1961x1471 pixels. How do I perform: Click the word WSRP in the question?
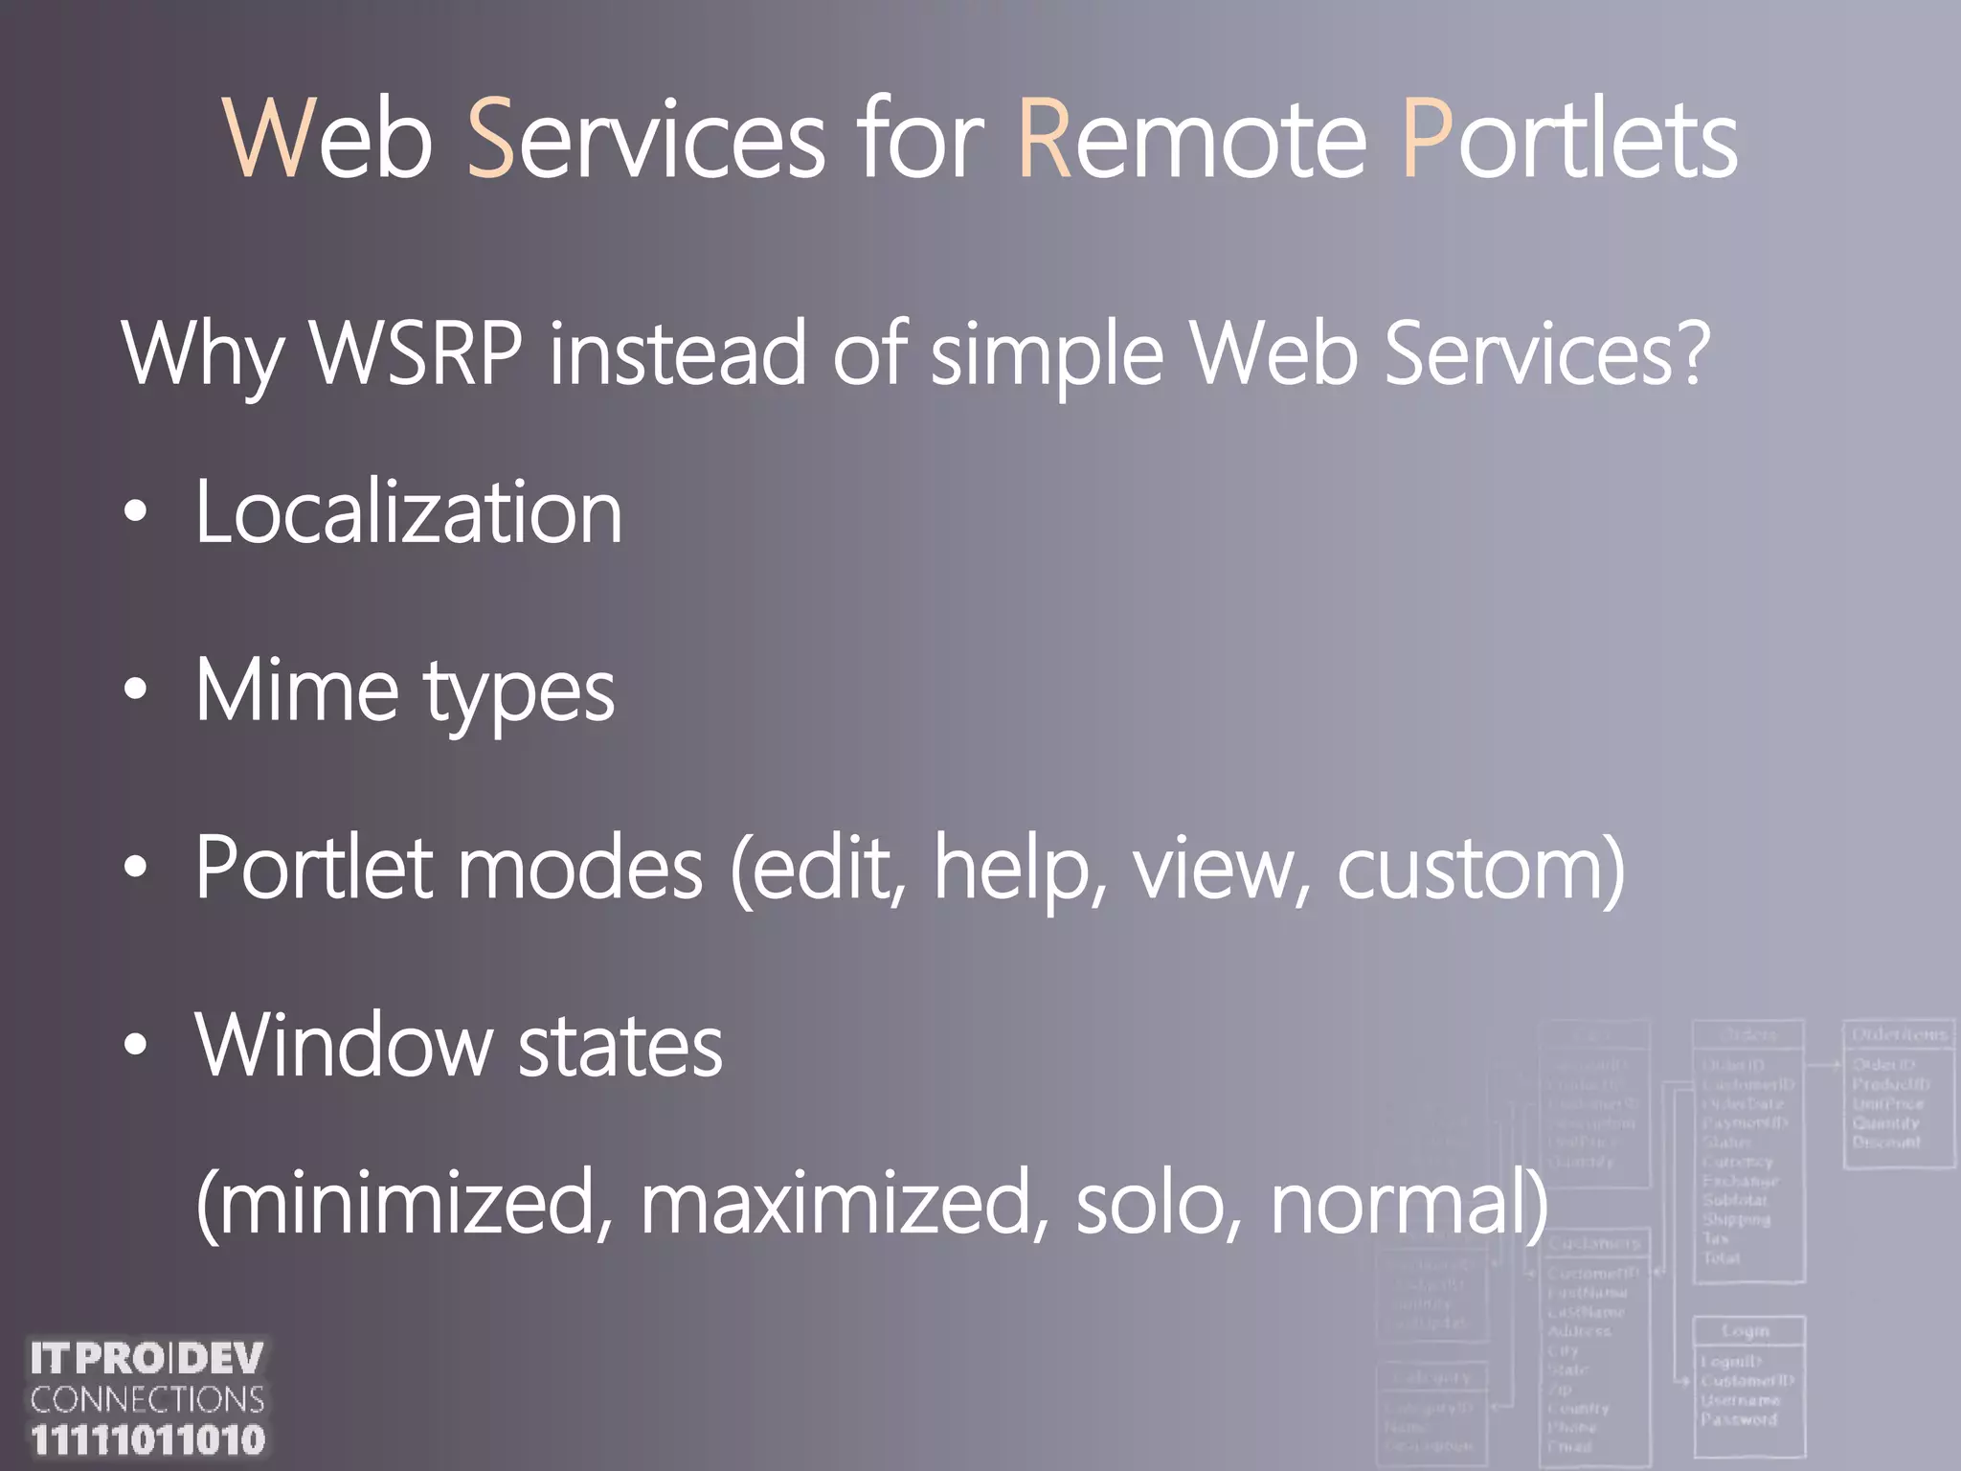[417, 353]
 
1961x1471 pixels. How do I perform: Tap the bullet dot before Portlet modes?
[136, 868]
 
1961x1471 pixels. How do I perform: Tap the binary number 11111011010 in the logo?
[147, 1440]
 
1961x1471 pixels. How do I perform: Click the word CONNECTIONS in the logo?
[147, 1400]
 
